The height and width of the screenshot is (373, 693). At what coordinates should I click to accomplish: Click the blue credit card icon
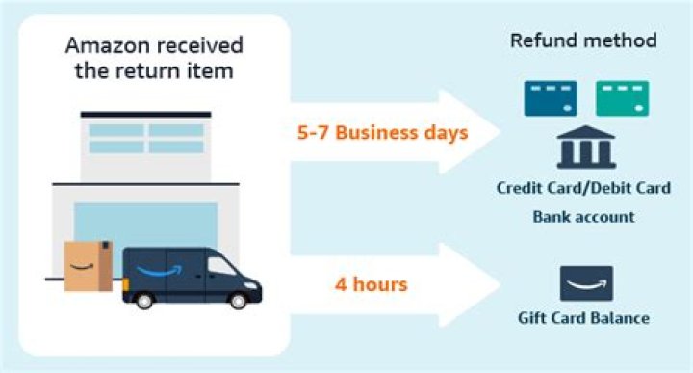click(550, 98)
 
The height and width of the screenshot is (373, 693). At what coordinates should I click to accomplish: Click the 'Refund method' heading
click(583, 41)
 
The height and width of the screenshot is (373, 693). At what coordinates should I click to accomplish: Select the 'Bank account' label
click(583, 217)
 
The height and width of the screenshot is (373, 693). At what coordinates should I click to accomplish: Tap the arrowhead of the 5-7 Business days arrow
click(476, 130)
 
